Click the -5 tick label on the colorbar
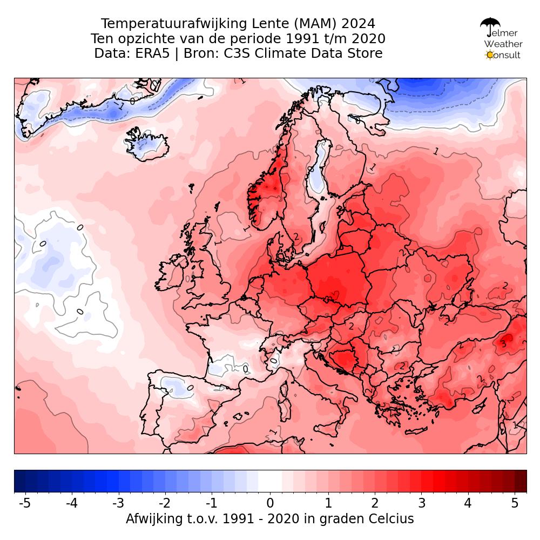pyautogui.click(x=24, y=503)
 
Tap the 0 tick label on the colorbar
pyautogui.click(x=270, y=503)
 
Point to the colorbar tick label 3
pyautogui.click(x=421, y=503)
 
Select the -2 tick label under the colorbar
pyautogui.click(x=165, y=503)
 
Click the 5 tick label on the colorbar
pyautogui.click(x=515, y=503)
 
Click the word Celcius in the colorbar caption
pyautogui.click(x=390, y=519)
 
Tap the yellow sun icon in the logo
pyautogui.click(x=490, y=55)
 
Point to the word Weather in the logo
pyautogui.click(x=503, y=44)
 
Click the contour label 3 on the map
pyautogui.click(x=503, y=343)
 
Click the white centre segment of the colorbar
pyautogui.click(x=270, y=481)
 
